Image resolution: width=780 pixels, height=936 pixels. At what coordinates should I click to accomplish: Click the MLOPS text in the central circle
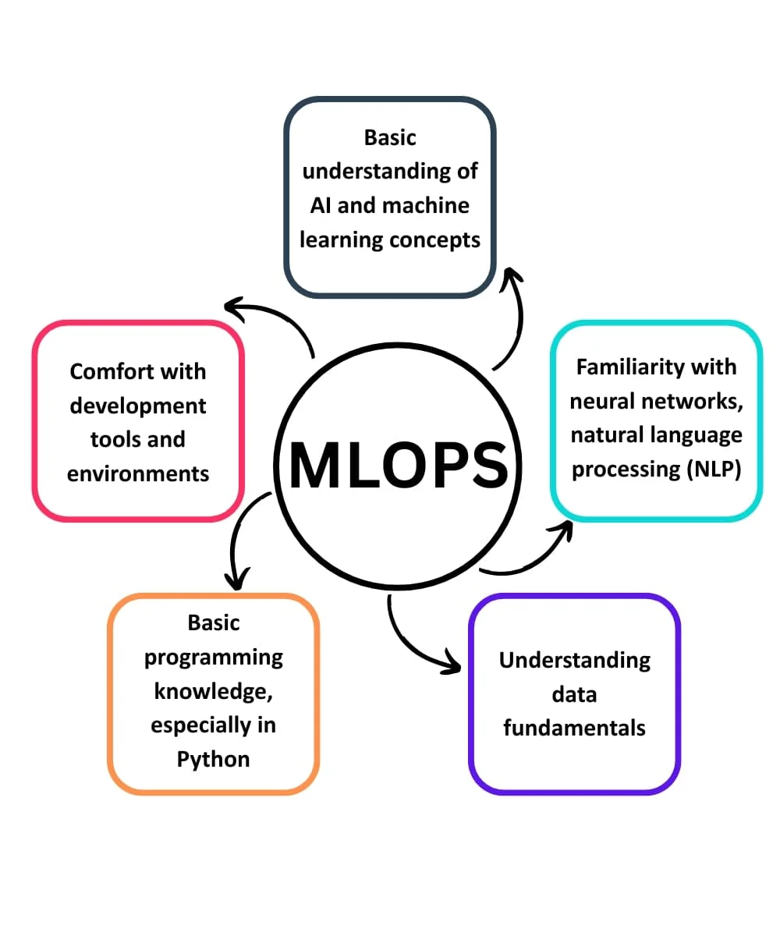398,465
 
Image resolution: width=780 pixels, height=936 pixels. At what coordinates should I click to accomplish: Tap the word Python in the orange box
213,759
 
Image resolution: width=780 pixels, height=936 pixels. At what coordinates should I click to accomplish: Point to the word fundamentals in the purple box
574,729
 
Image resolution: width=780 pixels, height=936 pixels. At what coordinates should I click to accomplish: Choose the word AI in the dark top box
321,205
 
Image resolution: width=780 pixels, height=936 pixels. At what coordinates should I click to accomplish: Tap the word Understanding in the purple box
574,661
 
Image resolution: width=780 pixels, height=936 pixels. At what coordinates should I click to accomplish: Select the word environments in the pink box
138,473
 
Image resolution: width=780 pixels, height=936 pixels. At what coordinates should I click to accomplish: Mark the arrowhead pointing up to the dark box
512,276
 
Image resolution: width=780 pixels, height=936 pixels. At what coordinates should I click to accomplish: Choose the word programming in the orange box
213,657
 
